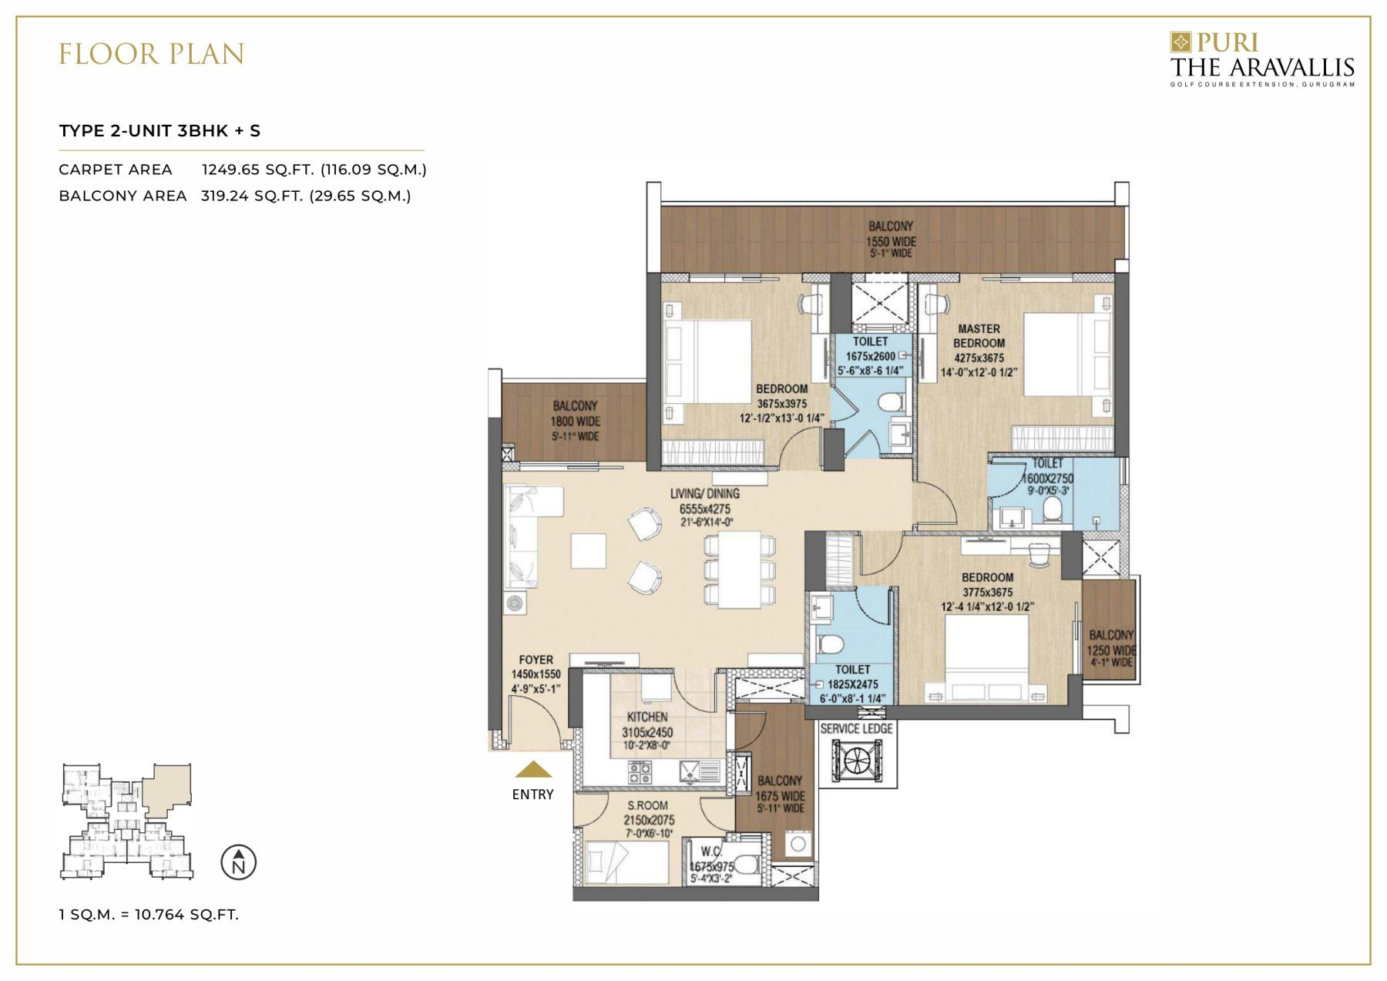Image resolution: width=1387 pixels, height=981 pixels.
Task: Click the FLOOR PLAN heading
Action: [152, 55]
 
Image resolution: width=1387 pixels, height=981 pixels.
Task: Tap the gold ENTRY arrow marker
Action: [533, 770]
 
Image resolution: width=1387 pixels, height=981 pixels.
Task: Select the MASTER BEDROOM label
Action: [979, 336]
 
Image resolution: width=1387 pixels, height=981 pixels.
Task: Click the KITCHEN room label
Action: [647, 717]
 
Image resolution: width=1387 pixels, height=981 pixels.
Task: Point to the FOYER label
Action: [536, 660]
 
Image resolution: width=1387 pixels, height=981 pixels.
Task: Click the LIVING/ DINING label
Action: [704, 494]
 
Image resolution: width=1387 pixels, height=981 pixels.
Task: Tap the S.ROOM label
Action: [647, 805]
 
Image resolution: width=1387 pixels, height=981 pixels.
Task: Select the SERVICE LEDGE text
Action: [856, 728]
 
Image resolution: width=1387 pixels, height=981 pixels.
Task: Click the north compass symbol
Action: [238, 862]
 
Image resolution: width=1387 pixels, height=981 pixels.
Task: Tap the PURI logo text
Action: [1227, 42]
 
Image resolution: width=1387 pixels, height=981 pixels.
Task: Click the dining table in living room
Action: [740, 569]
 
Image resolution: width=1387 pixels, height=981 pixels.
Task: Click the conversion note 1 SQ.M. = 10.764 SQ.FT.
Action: [149, 915]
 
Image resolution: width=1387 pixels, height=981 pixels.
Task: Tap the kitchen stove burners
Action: [640, 771]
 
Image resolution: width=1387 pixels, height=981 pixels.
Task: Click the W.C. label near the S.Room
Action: [710, 852]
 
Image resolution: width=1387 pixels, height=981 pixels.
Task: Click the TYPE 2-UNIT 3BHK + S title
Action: [160, 131]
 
